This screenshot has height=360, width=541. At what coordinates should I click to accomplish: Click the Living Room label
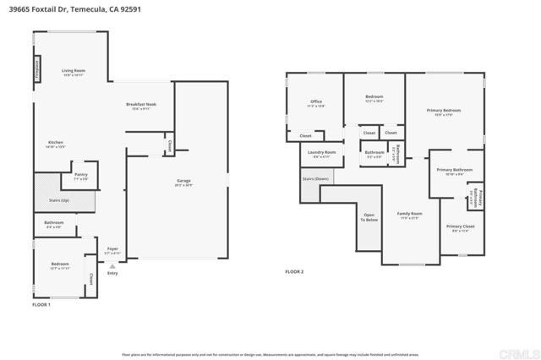click(74, 73)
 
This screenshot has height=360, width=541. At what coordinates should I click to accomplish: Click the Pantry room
click(81, 178)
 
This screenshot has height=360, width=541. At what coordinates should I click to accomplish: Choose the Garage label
click(182, 183)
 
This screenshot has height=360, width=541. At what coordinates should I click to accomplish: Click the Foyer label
click(112, 251)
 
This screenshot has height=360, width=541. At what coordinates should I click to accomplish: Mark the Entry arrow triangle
click(112, 265)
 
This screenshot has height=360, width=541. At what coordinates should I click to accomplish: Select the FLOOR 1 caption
click(41, 304)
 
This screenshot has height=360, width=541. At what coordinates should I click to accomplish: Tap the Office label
click(316, 103)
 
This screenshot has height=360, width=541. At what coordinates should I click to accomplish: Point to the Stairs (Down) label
click(315, 179)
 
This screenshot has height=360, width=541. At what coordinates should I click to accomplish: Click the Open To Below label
click(369, 216)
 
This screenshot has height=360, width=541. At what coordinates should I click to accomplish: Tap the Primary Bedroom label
click(443, 112)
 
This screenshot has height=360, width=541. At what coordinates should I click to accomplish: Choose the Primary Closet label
click(460, 228)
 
